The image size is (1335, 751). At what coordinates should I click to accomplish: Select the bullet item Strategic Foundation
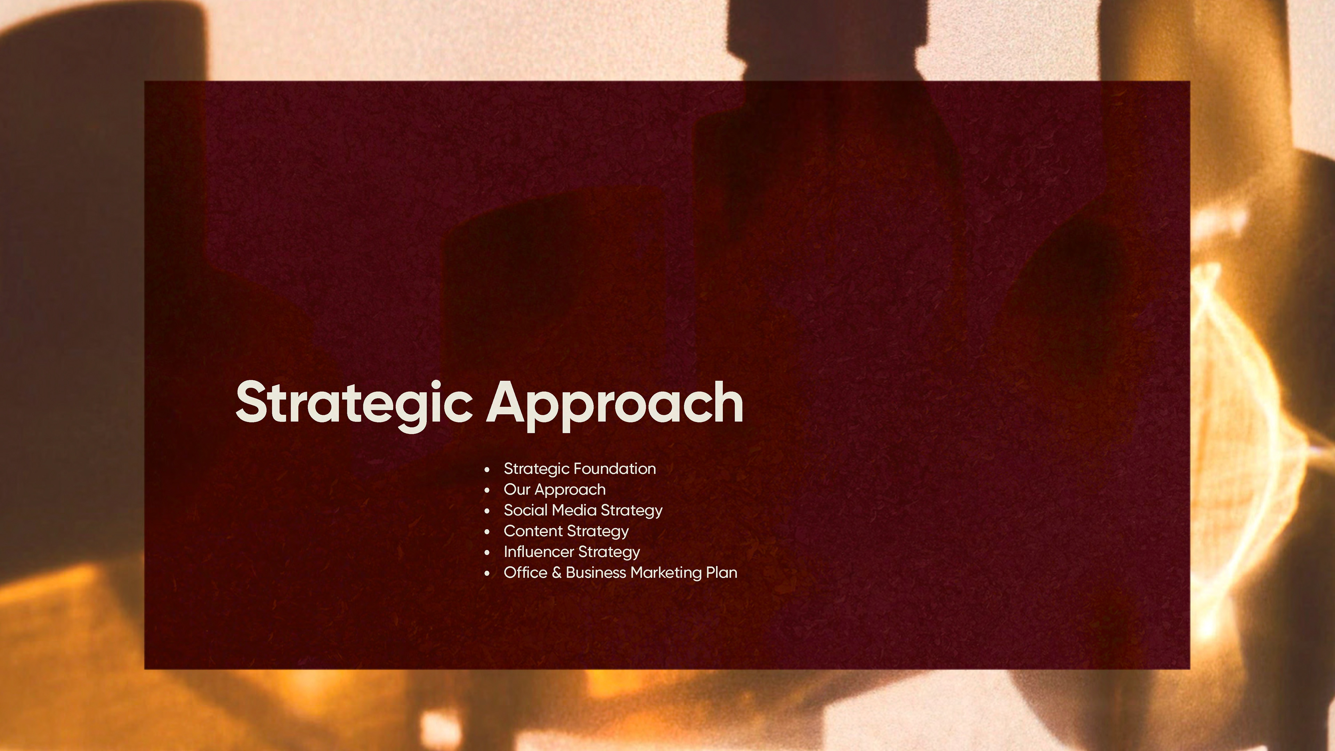[580, 469]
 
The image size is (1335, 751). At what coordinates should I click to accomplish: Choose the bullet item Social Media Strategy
[583, 510]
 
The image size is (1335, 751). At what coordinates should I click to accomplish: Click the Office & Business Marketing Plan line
[620, 573]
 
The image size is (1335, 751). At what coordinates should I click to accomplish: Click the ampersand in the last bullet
[557, 573]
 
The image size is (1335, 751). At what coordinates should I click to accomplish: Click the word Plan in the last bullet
[722, 572]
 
